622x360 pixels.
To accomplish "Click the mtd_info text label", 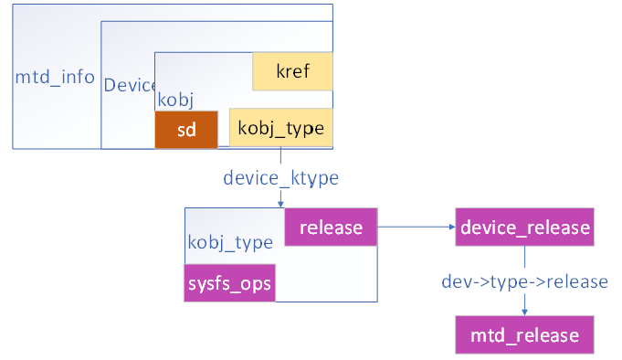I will tap(55, 77).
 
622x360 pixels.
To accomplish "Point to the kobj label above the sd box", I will tap(175, 99).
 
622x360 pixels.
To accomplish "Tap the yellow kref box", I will tap(292, 71).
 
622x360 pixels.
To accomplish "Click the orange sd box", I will tap(186, 129).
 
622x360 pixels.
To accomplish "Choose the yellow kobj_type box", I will tap(280, 129).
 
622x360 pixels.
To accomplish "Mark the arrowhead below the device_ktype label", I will tap(279, 203).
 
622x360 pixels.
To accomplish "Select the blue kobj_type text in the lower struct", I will tap(230, 243).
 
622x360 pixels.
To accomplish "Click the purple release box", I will tap(331, 227).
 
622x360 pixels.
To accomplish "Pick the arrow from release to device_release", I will tap(416, 227).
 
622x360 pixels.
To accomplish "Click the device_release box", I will tap(524, 227).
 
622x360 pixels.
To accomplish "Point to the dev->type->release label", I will tap(524, 281).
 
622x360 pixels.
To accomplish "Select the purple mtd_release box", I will tap(524, 334).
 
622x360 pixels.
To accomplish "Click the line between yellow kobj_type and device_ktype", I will tap(279, 157).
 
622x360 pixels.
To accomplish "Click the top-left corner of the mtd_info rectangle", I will tap(13, 5).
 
